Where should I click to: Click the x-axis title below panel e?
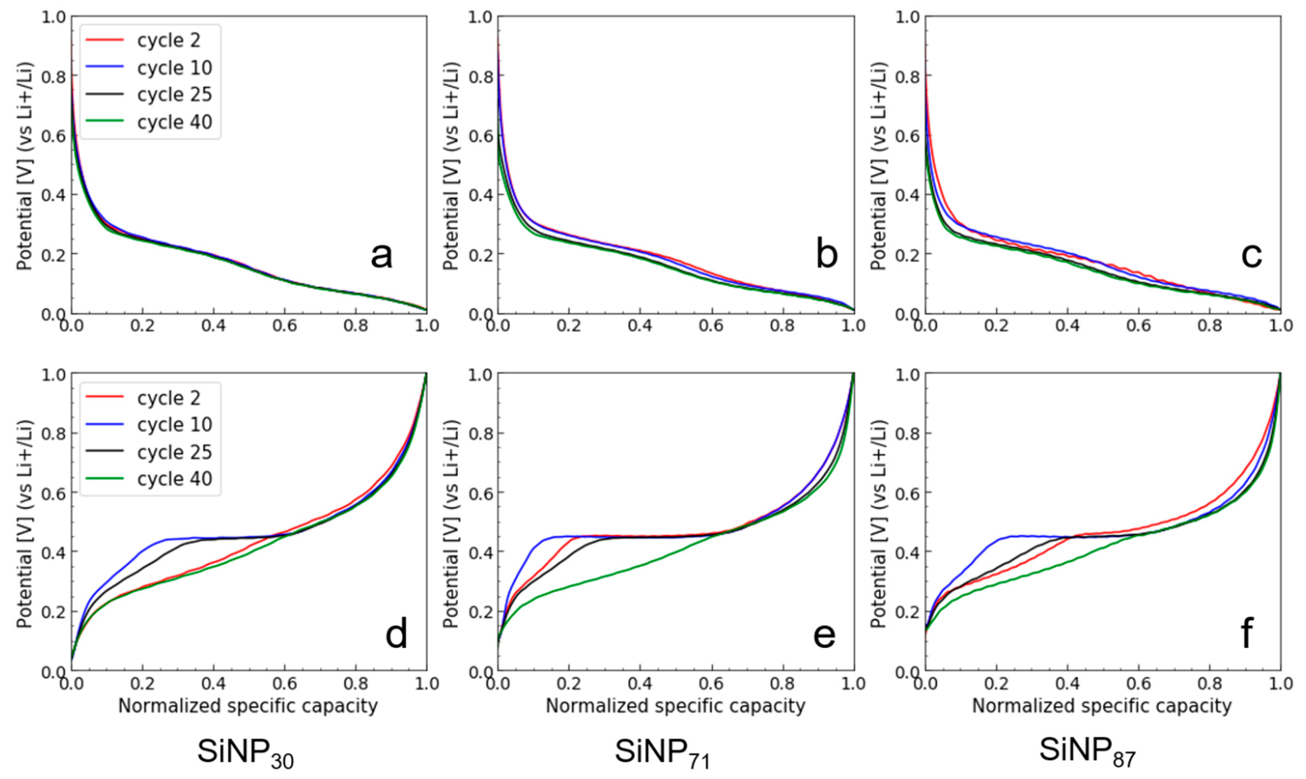coord(675,706)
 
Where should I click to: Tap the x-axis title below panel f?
coord(1102,706)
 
